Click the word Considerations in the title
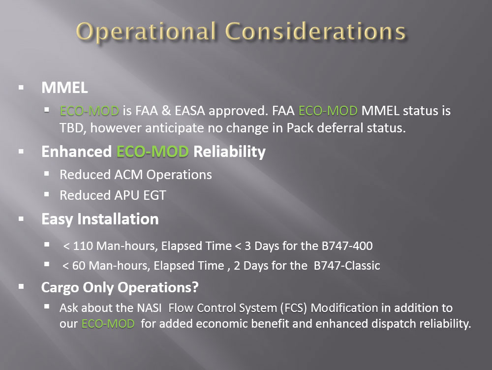tap(315, 31)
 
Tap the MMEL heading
tap(64, 88)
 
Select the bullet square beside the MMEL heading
tap(21, 88)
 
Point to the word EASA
tap(190, 111)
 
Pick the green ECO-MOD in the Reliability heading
tap(153, 152)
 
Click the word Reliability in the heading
tap(229, 152)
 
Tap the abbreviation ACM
tap(128, 175)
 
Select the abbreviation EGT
tap(154, 195)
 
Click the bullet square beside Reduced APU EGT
tap(47, 194)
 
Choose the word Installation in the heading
tap(118, 219)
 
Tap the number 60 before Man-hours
tap(79, 266)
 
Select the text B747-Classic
tap(347, 266)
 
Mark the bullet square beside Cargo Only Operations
tap(21, 286)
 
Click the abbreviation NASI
tap(150, 308)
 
